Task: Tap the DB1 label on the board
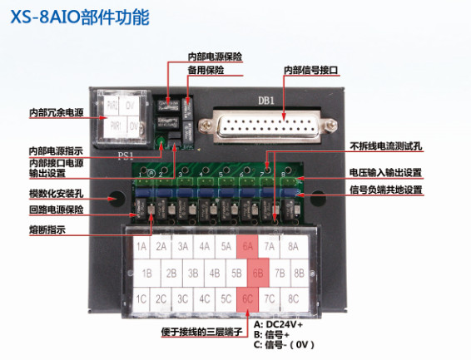coord(265,100)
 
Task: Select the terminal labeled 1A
coord(141,247)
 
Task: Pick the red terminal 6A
coord(247,247)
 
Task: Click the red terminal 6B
coord(257,273)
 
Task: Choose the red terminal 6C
coord(247,298)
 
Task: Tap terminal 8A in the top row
coord(292,247)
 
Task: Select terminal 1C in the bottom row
coord(141,298)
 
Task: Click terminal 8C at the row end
coord(292,298)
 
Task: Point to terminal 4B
coord(214,273)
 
